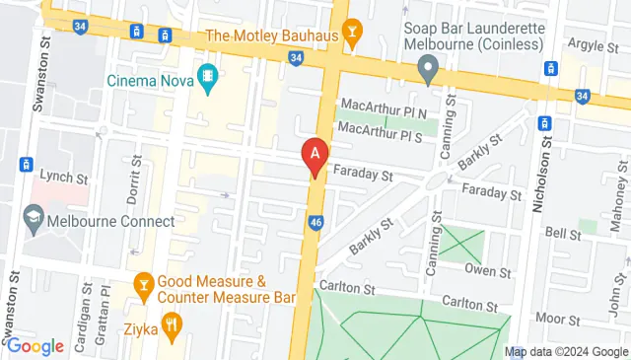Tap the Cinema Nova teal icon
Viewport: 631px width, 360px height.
[208, 77]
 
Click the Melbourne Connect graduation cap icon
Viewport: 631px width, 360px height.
[34, 220]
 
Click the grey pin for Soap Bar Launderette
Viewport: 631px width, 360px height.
[427, 68]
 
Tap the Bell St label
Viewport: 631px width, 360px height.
[563, 233]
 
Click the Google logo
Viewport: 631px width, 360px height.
[35, 345]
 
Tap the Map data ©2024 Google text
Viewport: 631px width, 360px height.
[566, 351]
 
